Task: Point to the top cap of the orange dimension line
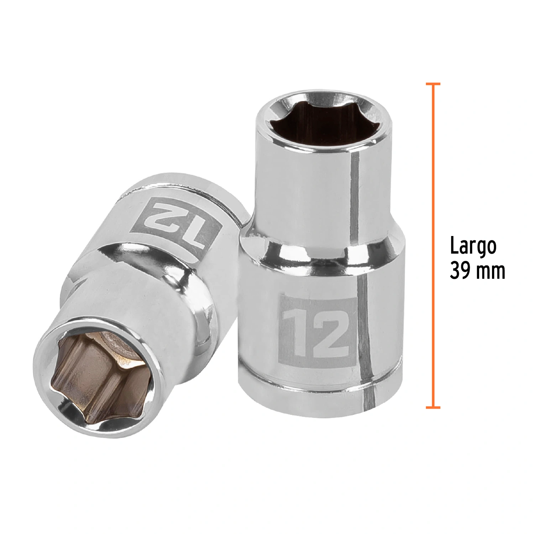433,84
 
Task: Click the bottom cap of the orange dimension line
433,407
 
